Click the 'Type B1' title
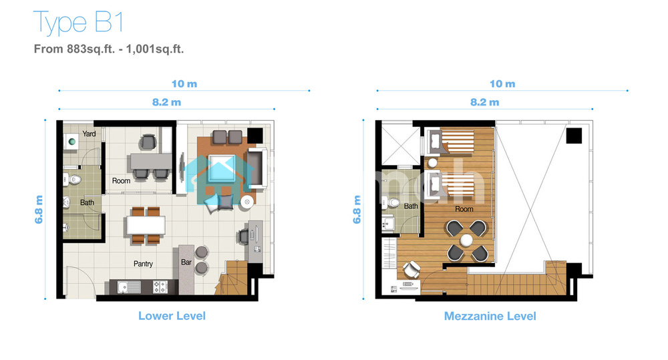(x=78, y=23)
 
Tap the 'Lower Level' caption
(x=172, y=316)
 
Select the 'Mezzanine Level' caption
(x=490, y=316)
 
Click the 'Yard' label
(x=89, y=134)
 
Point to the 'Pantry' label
(x=143, y=264)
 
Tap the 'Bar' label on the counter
(x=186, y=262)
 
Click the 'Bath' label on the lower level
(x=87, y=202)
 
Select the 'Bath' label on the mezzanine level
(x=411, y=206)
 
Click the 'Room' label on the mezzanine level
(x=464, y=209)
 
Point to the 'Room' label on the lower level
(x=121, y=180)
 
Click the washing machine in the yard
(x=71, y=142)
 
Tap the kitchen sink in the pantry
(x=129, y=288)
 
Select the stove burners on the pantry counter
(x=160, y=287)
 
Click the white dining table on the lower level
(x=146, y=225)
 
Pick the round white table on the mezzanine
(x=466, y=240)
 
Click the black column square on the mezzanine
(x=574, y=136)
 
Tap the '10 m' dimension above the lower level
(x=184, y=84)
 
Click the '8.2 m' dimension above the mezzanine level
(x=484, y=102)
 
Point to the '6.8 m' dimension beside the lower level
(x=39, y=210)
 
